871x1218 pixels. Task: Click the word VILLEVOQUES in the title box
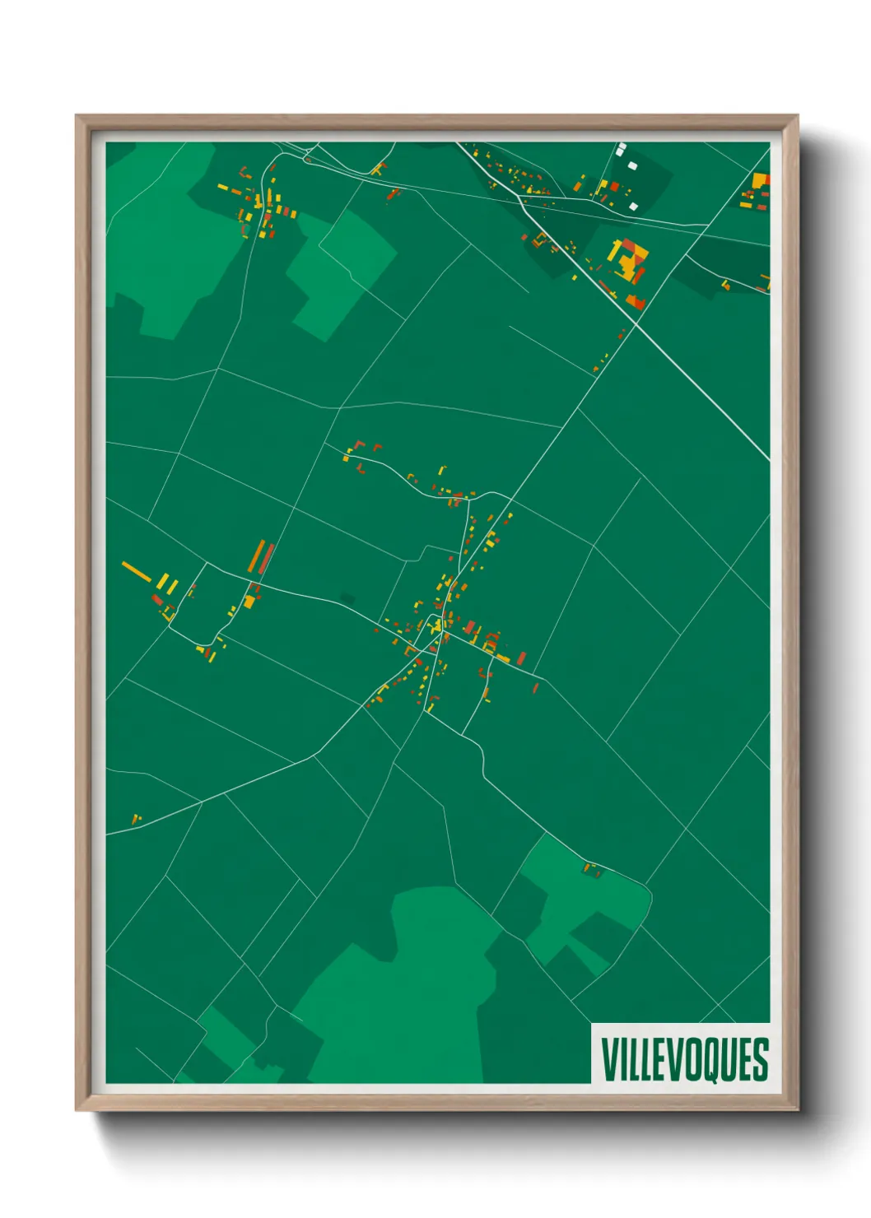[x=684, y=1059]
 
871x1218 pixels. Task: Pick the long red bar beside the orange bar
[x=267, y=559]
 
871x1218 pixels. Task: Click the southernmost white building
[x=633, y=206]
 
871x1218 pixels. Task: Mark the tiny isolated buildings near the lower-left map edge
[x=137, y=819]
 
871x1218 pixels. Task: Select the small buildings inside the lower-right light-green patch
[x=593, y=869]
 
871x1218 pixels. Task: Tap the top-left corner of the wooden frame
[x=77, y=116]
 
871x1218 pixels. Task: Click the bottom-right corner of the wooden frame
[x=797, y=1109]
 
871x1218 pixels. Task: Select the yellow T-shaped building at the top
[x=378, y=169]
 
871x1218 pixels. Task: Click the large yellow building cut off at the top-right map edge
[x=761, y=180]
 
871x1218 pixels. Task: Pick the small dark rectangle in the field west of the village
[x=347, y=597]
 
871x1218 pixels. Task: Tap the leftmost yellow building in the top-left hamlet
[x=222, y=188]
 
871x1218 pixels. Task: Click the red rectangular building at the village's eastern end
[x=521, y=658]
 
